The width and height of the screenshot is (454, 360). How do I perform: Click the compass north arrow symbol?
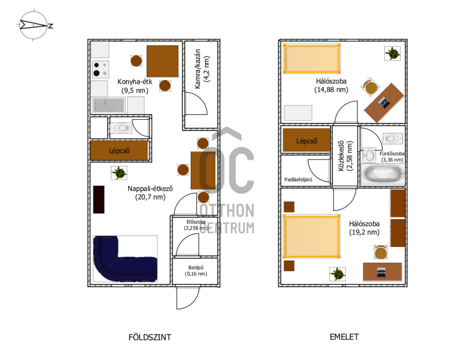pyautogui.click(x=33, y=25)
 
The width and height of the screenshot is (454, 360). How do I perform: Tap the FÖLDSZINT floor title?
pyautogui.click(x=150, y=337)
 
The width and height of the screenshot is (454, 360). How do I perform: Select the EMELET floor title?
pyautogui.click(x=344, y=337)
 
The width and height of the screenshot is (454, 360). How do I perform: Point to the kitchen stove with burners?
pyautogui.click(x=101, y=69)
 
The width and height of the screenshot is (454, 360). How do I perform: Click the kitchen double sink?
pyautogui.click(x=108, y=105)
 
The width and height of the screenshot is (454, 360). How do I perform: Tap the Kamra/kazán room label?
pyautogui.click(x=202, y=69)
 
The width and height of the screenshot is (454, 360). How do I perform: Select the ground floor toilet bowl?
pyautogui.click(x=121, y=128)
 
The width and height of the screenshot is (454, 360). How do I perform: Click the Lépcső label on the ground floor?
pyautogui.click(x=119, y=151)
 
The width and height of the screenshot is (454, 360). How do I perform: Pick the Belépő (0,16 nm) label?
pyautogui.click(x=196, y=271)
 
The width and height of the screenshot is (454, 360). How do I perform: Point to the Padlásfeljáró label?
pyautogui.click(x=298, y=180)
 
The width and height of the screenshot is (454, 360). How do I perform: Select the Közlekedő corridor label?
pyautogui.click(x=345, y=156)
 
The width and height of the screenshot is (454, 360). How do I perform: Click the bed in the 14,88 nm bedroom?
pyautogui.click(x=312, y=58)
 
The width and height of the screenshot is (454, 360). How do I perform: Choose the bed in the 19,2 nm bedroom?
pyautogui.click(x=311, y=236)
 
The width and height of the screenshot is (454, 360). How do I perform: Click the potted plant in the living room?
pyautogui.click(x=119, y=173)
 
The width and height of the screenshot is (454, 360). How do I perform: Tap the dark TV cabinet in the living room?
pyautogui.click(x=99, y=200)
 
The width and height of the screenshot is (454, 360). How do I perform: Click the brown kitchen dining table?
pyautogui.click(x=162, y=61)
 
